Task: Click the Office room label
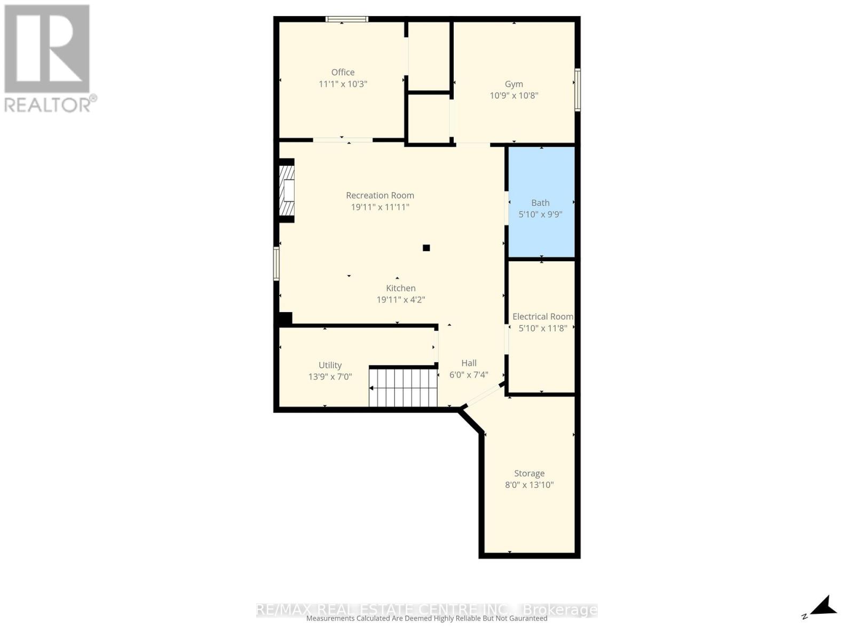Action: (343, 72)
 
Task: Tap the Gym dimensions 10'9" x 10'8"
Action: (514, 95)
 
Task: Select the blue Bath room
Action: (541, 229)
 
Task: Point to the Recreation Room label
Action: (380, 195)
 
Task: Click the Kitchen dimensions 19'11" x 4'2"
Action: (401, 300)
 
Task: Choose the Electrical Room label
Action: (542, 316)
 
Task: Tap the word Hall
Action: (469, 363)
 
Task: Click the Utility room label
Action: (330, 365)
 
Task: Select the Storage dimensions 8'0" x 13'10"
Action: (529, 485)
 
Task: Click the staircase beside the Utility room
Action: (404, 387)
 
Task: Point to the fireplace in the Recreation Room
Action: (287, 190)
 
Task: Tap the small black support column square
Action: (426, 247)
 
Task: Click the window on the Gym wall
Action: (578, 90)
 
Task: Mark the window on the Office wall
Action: (347, 19)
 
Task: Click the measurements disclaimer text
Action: (426, 619)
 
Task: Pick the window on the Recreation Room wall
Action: (276, 263)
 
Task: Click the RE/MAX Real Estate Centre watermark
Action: (426, 609)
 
